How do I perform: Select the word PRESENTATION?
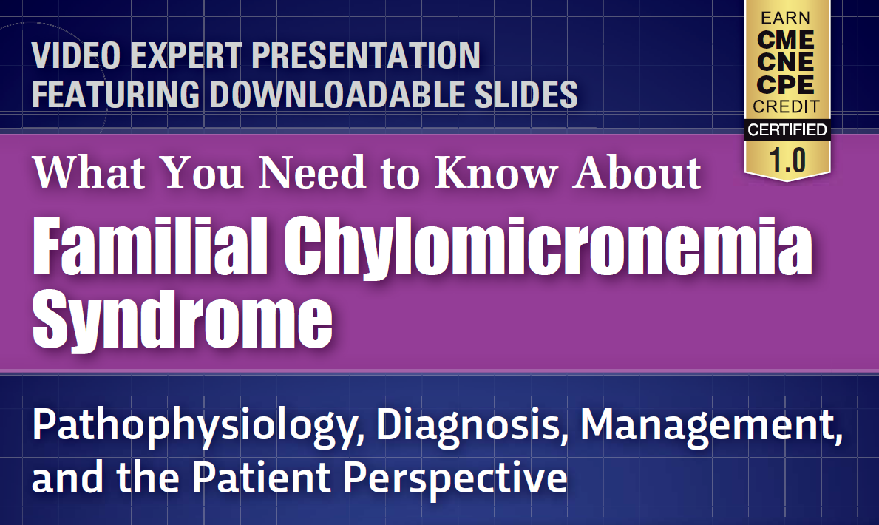click(x=366, y=55)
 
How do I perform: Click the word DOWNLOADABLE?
click(x=337, y=94)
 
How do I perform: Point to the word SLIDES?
click(x=526, y=94)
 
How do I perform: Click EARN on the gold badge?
click(x=785, y=18)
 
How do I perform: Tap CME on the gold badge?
click(x=785, y=40)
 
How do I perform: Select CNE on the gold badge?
click(x=785, y=62)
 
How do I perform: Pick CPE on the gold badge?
click(x=785, y=85)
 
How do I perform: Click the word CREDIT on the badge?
click(x=786, y=106)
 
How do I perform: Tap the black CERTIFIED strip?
click(x=787, y=129)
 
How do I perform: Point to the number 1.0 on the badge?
click(x=787, y=160)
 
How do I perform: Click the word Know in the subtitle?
click(x=495, y=172)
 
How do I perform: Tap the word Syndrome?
click(x=183, y=319)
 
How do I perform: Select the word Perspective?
click(x=455, y=478)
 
